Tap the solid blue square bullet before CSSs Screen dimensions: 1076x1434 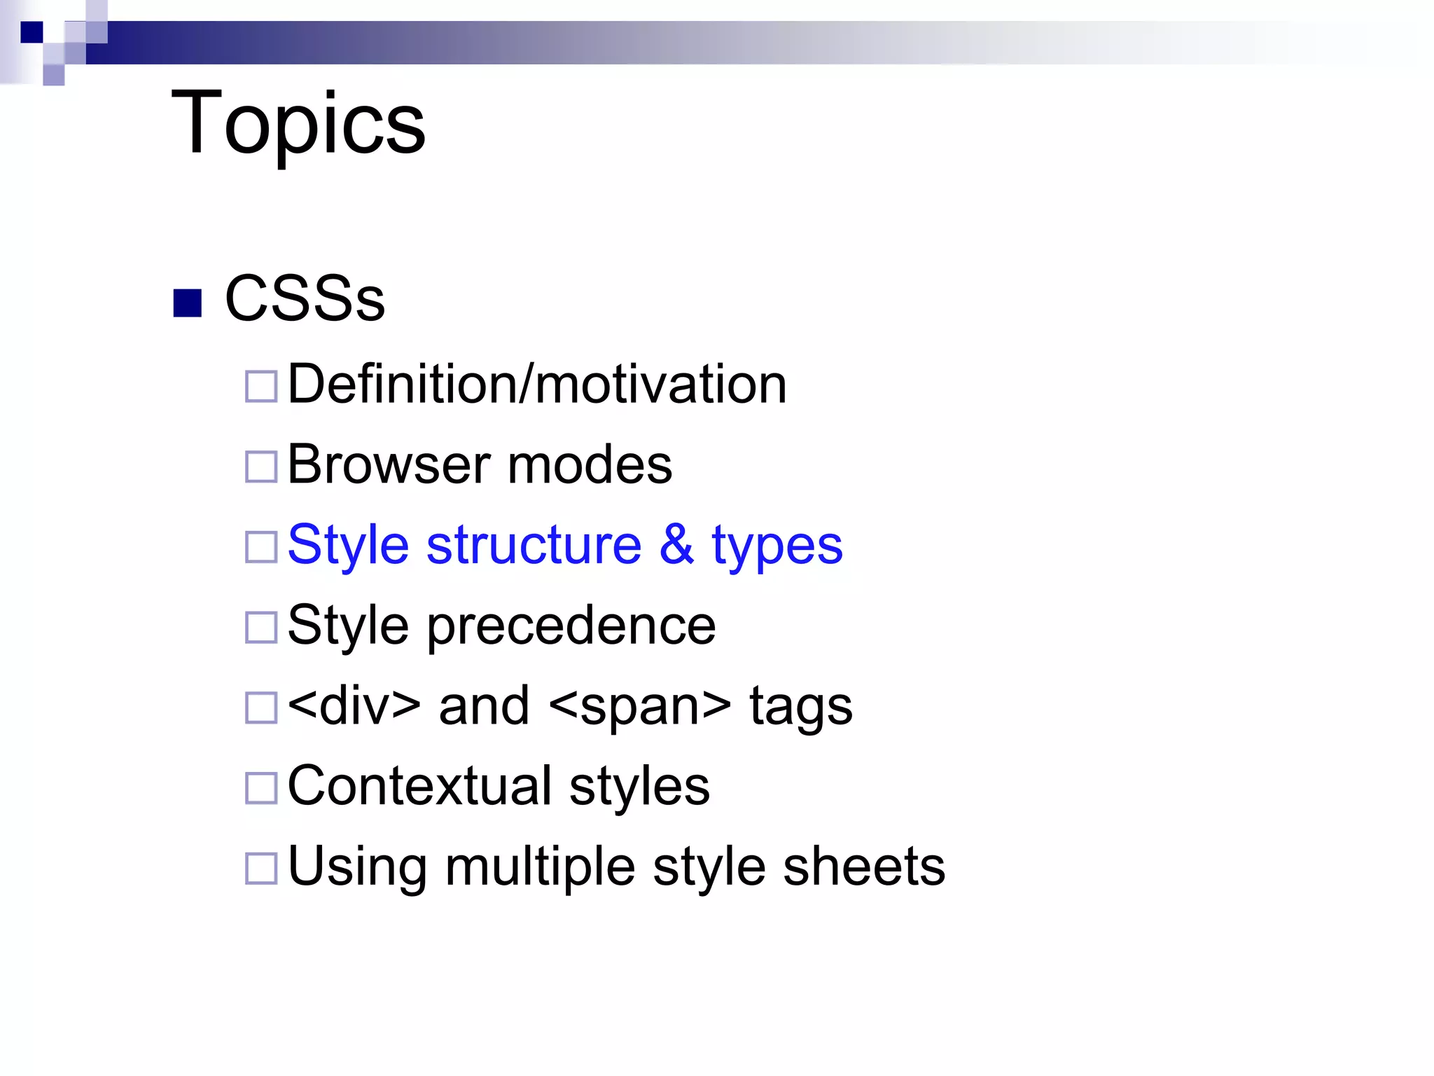pyautogui.click(x=187, y=303)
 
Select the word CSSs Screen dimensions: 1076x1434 pyautogui.click(x=305, y=299)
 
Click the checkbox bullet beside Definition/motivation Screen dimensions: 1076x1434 pyautogui.click(x=261, y=386)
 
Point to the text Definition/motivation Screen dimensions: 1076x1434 pyautogui.click(x=537, y=385)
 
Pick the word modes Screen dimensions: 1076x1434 pyautogui.click(x=590, y=465)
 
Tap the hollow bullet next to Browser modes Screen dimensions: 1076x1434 pyautogui.click(x=261, y=467)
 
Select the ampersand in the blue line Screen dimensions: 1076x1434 pyautogui.click(x=676, y=545)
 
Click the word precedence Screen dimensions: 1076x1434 pyautogui.click(x=571, y=626)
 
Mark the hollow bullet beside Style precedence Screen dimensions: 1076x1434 pyautogui.click(x=261, y=627)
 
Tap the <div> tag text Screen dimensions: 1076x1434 pyautogui.click(x=354, y=706)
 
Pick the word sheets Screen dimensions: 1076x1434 pyautogui.click(x=864, y=867)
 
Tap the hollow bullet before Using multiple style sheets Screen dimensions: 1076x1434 pyautogui.click(x=261, y=869)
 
